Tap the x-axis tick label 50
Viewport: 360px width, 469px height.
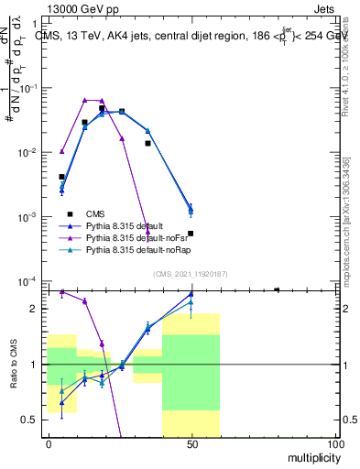(191, 443)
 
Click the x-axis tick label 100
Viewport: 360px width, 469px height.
(334, 443)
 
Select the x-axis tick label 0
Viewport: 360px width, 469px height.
(48, 443)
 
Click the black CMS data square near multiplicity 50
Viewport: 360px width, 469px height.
(191, 234)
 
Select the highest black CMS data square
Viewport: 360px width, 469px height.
(102, 108)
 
